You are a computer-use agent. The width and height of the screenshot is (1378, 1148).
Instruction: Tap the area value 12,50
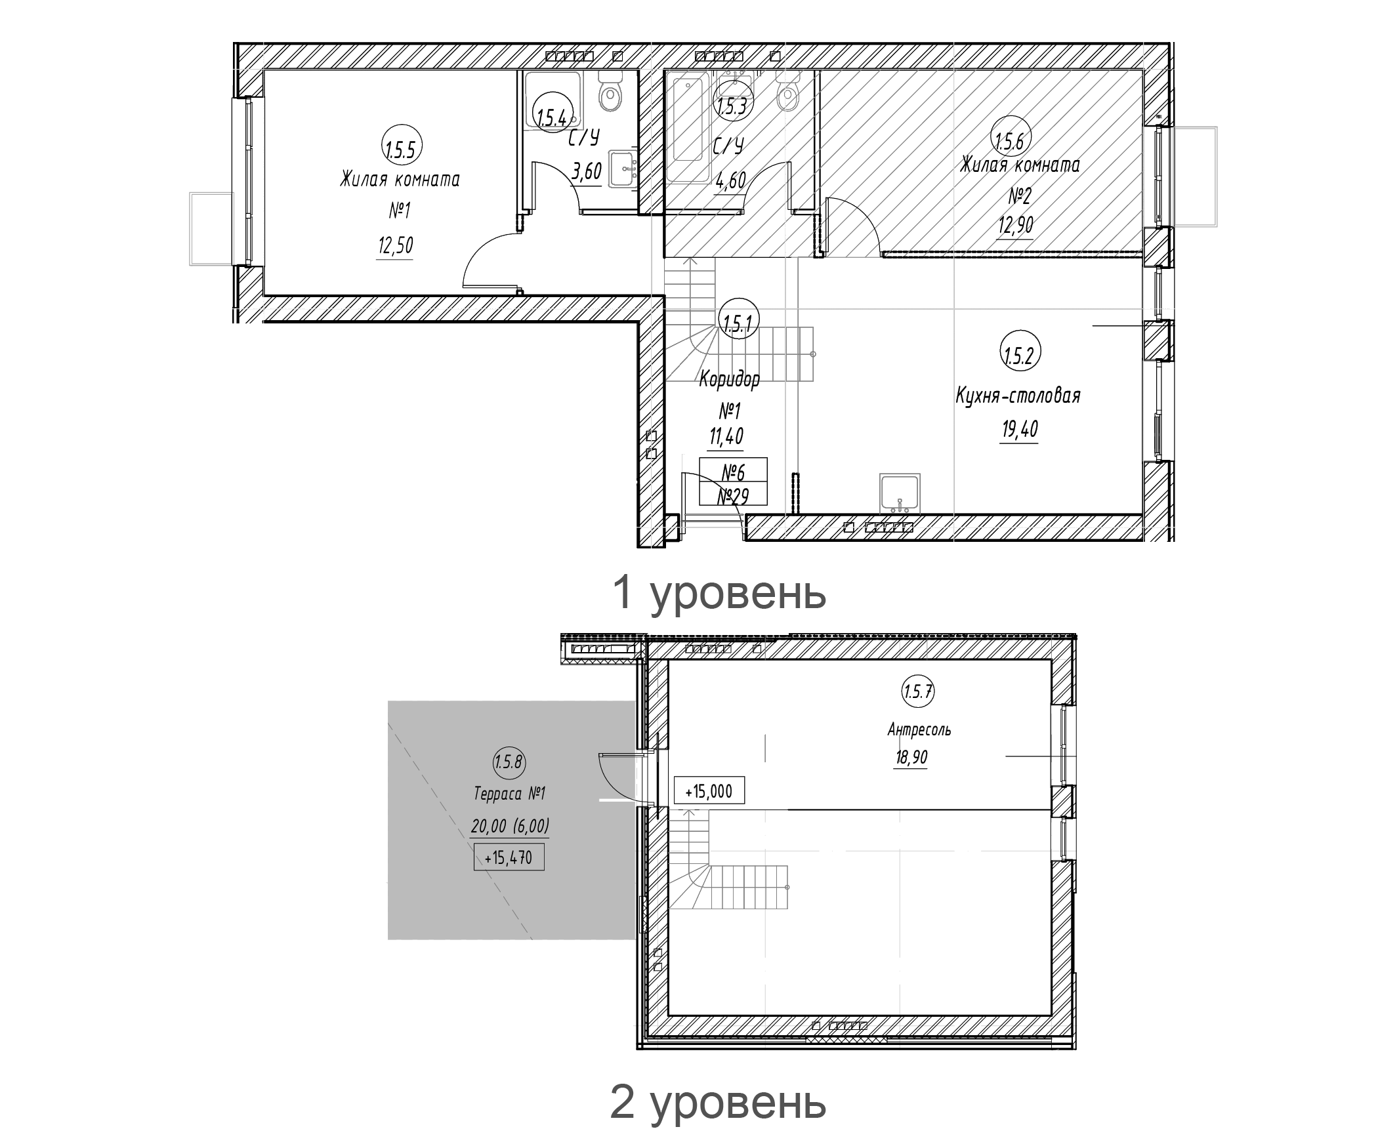pos(395,246)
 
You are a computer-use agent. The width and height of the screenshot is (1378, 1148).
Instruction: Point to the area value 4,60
pos(730,180)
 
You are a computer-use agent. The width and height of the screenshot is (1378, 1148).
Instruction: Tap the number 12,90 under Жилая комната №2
pos(1015,226)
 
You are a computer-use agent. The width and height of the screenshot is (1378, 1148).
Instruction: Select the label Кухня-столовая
pos(1018,396)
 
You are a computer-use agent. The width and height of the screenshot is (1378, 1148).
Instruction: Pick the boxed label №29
pos(733,497)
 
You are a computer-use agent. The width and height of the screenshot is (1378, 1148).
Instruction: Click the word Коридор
pos(729,379)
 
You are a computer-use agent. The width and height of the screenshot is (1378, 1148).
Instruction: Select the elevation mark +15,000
pos(709,791)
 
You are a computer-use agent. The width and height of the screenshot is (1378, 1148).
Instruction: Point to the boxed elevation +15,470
pos(509,857)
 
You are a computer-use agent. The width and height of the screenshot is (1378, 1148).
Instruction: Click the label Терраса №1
pos(509,794)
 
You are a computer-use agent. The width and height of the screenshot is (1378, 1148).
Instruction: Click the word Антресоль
pos(919,729)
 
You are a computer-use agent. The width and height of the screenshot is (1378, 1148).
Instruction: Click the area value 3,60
pos(587,172)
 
